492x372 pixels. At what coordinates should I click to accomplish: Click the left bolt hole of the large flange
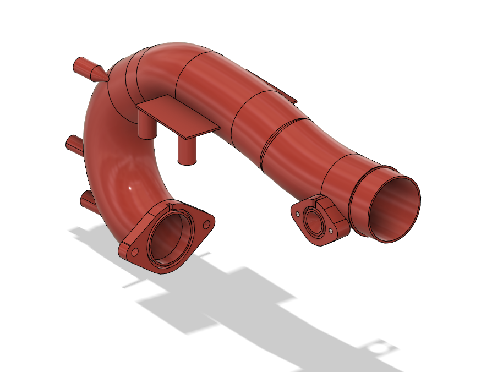[134, 251]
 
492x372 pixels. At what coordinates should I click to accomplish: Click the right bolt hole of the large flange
[206, 224]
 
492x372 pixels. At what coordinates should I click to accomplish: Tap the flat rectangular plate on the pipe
[176, 116]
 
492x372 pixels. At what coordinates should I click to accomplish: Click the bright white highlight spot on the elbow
[130, 188]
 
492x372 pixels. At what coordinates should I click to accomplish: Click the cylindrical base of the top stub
[82, 66]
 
